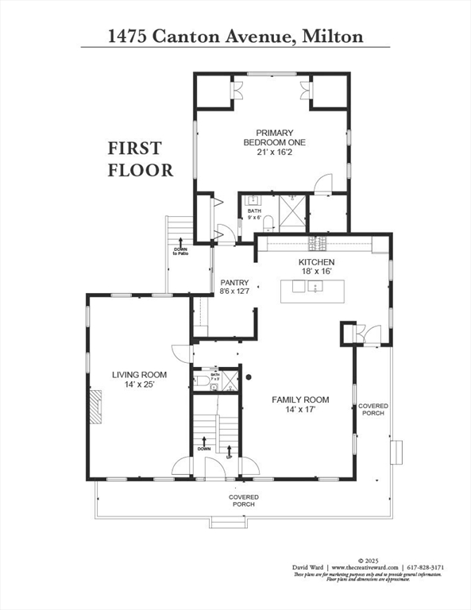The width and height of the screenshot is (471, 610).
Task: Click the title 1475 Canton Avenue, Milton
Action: [235, 36]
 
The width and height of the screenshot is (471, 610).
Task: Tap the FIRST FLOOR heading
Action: [141, 159]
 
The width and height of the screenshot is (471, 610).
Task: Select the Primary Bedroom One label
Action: [274, 137]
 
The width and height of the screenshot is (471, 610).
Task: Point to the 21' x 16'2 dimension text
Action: [274, 152]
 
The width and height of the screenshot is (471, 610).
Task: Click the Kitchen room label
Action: [316, 262]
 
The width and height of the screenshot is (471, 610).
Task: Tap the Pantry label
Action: [234, 283]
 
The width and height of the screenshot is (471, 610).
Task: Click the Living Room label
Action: [138, 375]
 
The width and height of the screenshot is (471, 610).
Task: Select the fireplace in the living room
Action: [95, 407]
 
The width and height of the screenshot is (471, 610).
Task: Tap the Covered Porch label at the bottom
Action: [243, 500]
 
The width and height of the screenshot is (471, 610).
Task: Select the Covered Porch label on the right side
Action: [373, 409]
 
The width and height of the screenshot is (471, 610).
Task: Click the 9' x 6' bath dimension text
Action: [254, 217]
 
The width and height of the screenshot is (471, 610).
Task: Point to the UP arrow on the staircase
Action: [229, 450]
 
